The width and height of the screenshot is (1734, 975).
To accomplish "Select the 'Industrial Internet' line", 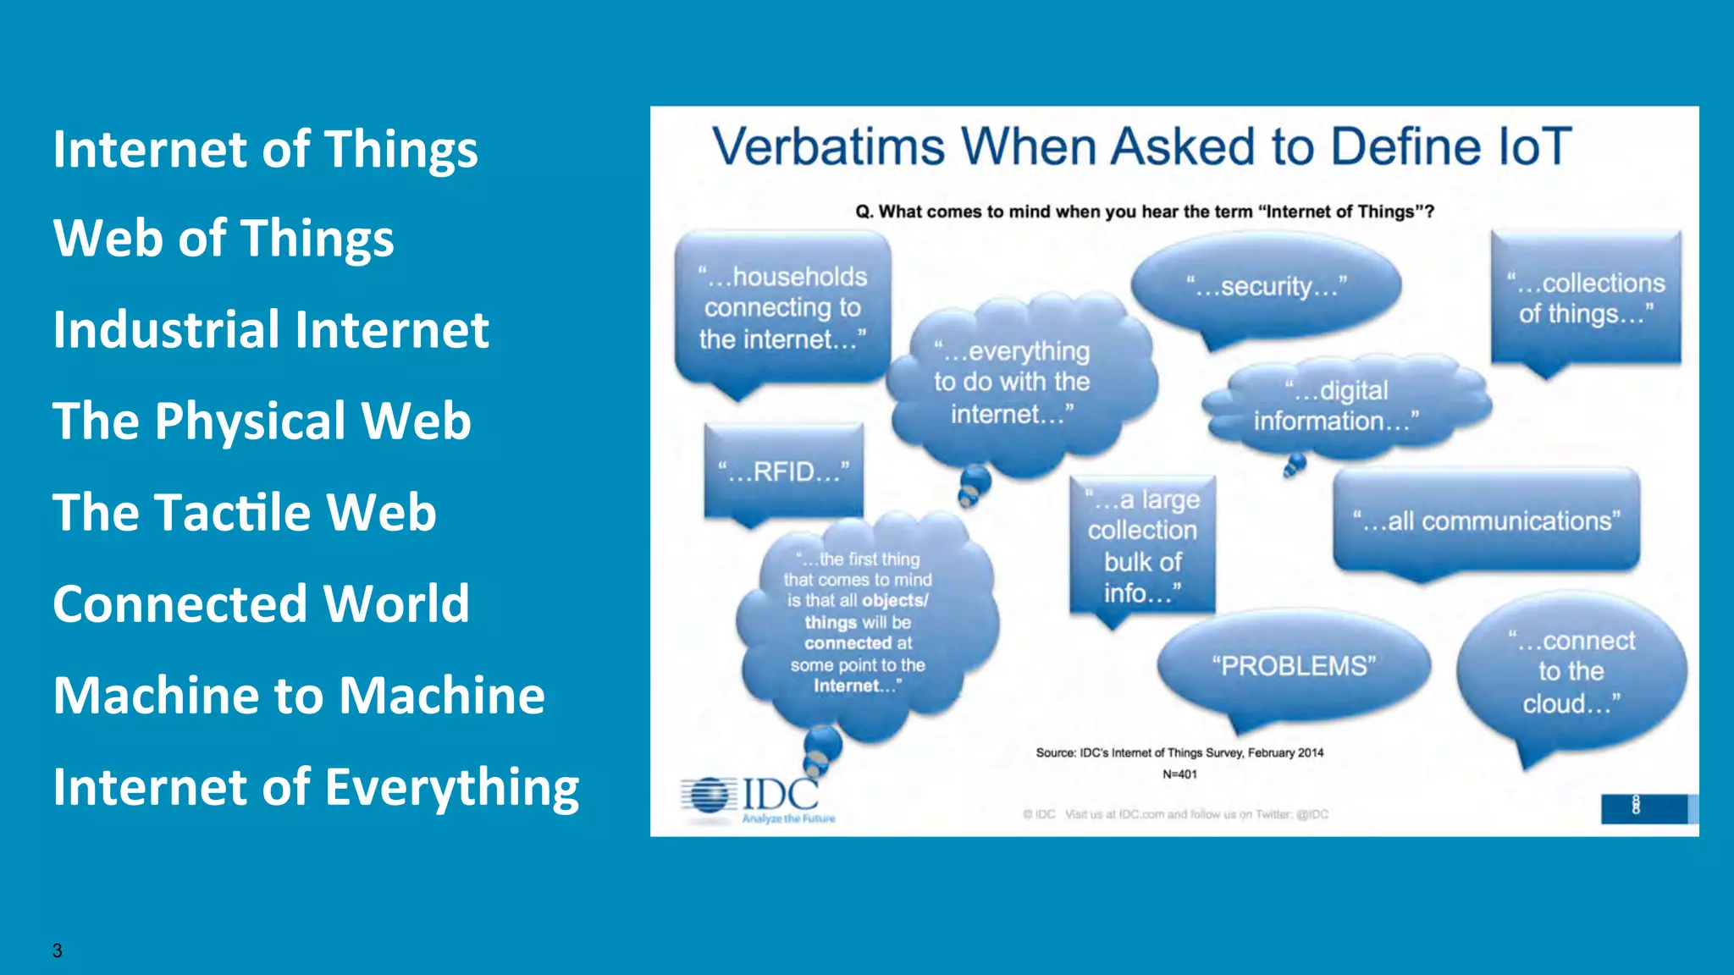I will click(271, 329).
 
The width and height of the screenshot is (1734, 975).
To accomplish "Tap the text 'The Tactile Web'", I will click(245, 512).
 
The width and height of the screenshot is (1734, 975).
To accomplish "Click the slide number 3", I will click(57, 950).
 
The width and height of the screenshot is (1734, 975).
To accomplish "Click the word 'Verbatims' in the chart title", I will click(827, 146).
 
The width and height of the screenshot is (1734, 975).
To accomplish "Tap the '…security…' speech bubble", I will click(1266, 286).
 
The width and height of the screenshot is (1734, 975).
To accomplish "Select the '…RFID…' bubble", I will click(783, 471).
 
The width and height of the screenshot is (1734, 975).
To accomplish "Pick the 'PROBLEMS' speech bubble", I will click(1294, 666).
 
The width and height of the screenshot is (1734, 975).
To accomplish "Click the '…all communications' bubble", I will click(1486, 521).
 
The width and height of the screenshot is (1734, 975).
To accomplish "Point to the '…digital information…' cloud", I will click(1336, 406).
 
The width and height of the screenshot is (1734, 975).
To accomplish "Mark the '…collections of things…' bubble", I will click(1586, 298).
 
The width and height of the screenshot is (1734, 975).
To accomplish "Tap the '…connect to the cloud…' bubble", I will click(1571, 671).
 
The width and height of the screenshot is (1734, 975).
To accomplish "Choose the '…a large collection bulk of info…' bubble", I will click(1142, 546).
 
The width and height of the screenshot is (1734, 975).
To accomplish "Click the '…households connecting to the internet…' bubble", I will click(782, 308).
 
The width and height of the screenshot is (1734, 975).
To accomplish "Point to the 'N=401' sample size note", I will click(1179, 774).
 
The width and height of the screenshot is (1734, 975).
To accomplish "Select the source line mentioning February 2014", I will click(1179, 752).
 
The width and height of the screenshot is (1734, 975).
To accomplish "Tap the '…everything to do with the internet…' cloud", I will click(1012, 383).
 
